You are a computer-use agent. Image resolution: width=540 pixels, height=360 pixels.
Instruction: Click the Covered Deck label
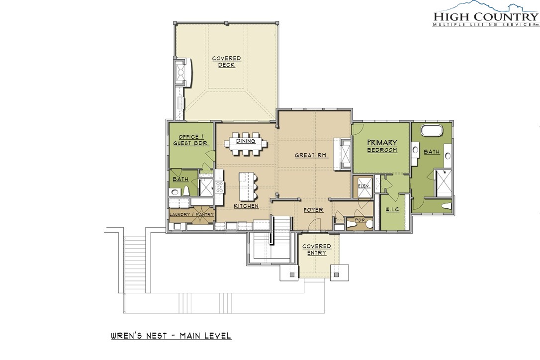click(x=226, y=62)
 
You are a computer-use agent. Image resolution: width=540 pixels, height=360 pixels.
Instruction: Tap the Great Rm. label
click(x=311, y=155)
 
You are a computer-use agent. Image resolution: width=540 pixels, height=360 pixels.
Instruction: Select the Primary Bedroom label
click(x=382, y=146)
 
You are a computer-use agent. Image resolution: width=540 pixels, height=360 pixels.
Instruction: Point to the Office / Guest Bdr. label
click(x=191, y=140)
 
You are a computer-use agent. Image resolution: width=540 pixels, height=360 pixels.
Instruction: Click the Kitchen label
click(x=246, y=206)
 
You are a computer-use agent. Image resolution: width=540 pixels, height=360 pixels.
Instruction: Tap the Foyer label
click(x=313, y=209)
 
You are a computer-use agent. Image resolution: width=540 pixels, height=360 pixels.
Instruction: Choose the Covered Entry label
click(x=317, y=250)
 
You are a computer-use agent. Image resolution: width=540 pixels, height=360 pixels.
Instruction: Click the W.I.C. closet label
click(x=392, y=209)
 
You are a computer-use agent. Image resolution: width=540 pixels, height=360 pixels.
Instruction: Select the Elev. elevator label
click(x=363, y=186)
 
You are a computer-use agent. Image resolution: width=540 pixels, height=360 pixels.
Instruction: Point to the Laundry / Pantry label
click(x=191, y=214)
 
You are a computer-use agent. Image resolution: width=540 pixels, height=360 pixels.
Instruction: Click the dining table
click(x=246, y=144)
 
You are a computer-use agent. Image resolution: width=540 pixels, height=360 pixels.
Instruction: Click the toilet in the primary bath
click(x=446, y=206)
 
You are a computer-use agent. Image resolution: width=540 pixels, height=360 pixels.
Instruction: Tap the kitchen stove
click(x=219, y=187)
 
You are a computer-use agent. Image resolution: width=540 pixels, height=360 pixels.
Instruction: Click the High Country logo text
click(x=486, y=16)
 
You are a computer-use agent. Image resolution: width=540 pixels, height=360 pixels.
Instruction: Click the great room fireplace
click(x=342, y=154)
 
